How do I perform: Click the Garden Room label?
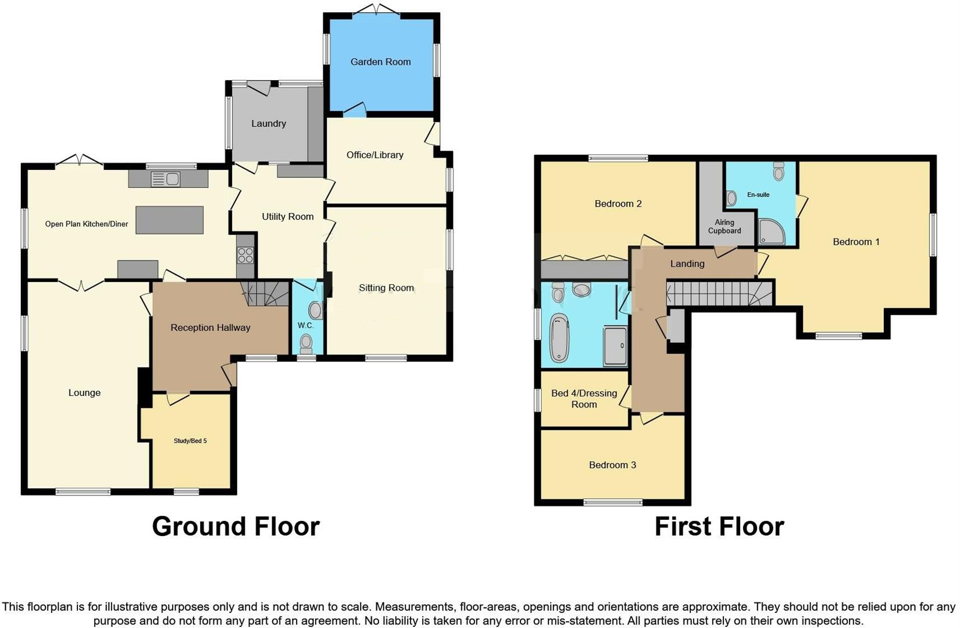click(x=380, y=62)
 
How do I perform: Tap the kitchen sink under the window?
click(x=166, y=180)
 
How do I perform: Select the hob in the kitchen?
click(x=245, y=255)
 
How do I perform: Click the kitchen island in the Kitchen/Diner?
click(x=169, y=220)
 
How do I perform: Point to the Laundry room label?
click(x=269, y=123)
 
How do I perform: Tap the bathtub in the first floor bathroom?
click(x=559, y=338)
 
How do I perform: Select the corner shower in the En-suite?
click(x=772, y=231)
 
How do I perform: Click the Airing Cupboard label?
click(x=725, y=226)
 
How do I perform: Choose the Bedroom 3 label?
click(x=612, y=465)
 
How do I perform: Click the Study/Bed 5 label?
click(x=190, y=441)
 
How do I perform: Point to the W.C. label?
click(x=306, y=325)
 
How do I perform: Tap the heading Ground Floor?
click(x=235, y=526)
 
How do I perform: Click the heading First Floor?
click(x=719, y=526)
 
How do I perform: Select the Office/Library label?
click(x=374, y=155)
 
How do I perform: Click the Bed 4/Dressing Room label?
click(x=584, y=399)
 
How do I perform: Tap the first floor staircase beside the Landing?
click(x=719, y=294)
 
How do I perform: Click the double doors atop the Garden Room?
click(x=376, y=9)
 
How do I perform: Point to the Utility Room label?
click(x=287, y=216)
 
